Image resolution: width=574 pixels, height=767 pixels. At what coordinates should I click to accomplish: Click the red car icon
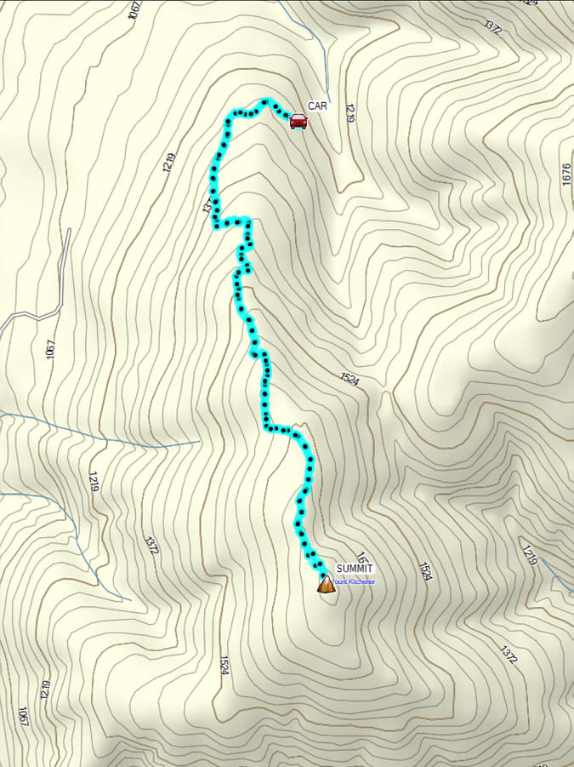point(298,121)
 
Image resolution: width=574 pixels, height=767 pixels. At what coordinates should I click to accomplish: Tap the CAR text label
point(318,106)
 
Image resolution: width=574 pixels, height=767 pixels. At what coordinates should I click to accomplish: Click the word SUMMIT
point(355,569)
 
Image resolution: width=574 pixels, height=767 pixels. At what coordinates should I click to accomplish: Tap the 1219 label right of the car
point(349,112)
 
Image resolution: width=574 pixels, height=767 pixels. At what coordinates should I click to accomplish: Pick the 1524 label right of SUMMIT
point(424,571)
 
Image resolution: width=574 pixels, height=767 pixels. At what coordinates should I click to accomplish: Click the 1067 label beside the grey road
point(50,348)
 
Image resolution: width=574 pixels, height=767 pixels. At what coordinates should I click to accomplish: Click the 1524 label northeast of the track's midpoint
point(350,379)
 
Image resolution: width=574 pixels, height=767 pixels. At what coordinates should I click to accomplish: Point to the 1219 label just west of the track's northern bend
point(169,163)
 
